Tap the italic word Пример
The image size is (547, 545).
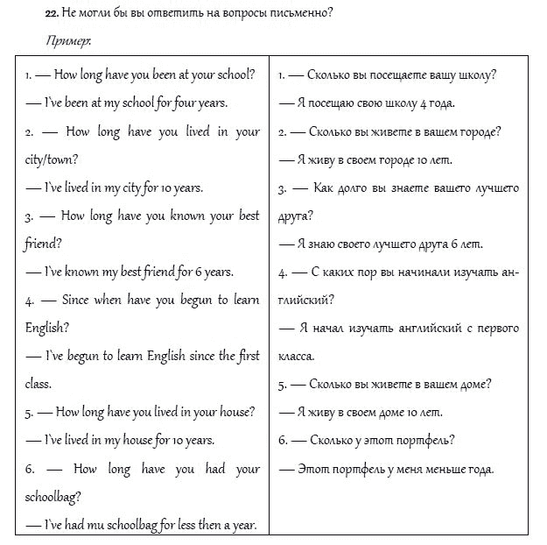tap(67, 40)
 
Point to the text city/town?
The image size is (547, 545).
tap(53, 159)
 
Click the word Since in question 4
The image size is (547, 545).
tap(76, 300)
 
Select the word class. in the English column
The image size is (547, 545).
tap(39, 383)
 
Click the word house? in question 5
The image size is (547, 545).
tap(236, 412)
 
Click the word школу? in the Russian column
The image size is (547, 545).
tap(473, 74)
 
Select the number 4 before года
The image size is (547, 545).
tap(423, 103)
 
